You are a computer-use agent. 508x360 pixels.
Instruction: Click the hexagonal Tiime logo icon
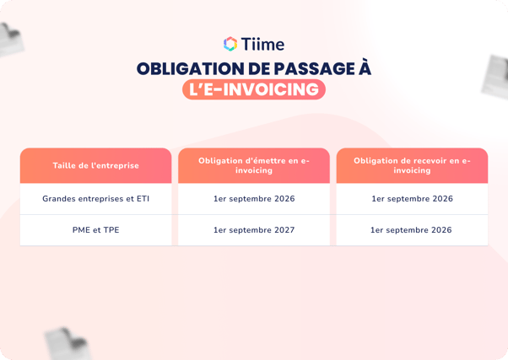[x=230, y=44]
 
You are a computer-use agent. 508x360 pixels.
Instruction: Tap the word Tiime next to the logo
[x=263, y=44]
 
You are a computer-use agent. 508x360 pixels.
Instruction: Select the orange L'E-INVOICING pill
[x=253, y=89]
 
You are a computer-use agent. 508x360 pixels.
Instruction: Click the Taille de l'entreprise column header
[x=95, y=165]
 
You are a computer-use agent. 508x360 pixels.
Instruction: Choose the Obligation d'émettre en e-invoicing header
[x=254, y=165]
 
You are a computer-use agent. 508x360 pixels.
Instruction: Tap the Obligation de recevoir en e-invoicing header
[x=412, y=165]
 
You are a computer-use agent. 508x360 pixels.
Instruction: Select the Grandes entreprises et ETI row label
[x=95, y=199]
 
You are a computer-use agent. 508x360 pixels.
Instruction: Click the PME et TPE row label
[x=95, y=229]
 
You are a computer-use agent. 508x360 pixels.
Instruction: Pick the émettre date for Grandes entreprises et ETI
[x=254, y=199]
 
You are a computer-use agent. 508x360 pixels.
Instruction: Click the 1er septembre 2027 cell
[x=254, y=229]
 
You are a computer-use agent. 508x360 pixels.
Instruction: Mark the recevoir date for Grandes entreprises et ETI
[x=412, y=199]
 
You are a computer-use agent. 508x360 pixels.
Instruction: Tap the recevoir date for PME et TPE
[x=412, y=229]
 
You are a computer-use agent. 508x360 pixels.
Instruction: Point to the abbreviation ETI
[x=141, y=199]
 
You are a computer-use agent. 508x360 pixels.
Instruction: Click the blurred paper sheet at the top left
[x=12, y=39]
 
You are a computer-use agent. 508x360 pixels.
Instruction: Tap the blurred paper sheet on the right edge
[x=496, y=76]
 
